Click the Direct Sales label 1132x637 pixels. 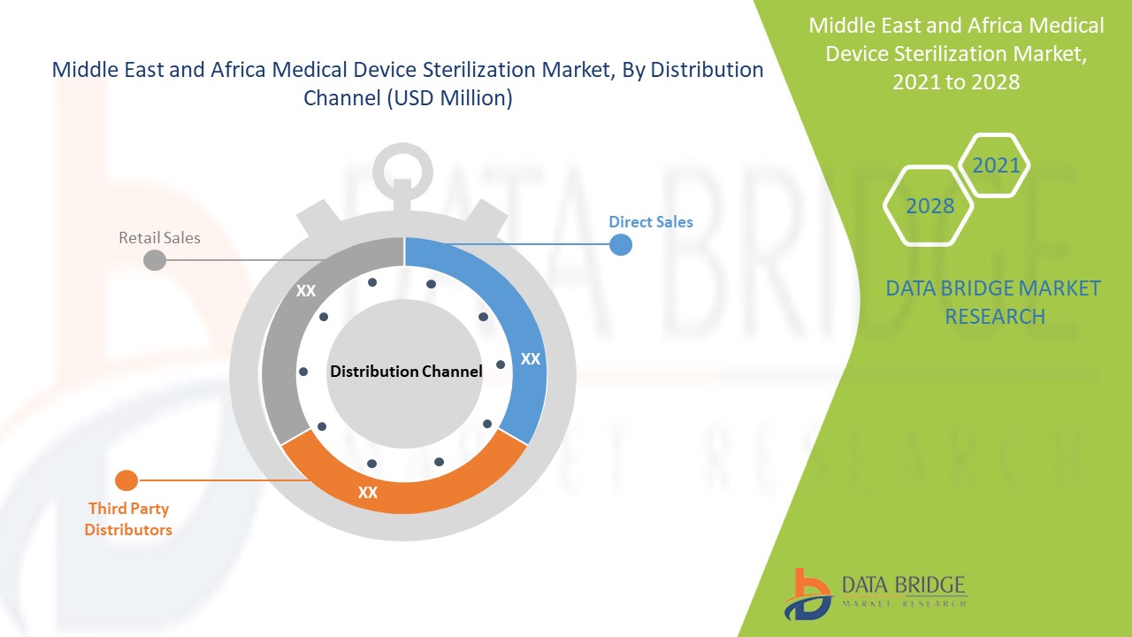point(650,222)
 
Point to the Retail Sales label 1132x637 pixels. point(159,238)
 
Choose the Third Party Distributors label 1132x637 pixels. point(128,519)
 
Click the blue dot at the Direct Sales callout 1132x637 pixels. point(621,245)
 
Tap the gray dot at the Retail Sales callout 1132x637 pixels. point(155,260)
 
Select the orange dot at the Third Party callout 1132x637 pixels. point(126,480)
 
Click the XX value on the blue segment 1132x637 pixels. point(530,359)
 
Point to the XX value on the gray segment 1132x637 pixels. point(306,291)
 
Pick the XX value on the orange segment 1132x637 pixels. point(367,493)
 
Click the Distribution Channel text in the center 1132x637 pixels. point(406,372)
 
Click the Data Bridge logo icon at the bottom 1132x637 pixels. point(807,594)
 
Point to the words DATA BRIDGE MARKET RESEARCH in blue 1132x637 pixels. point(993,303)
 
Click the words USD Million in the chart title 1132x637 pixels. point(450,98)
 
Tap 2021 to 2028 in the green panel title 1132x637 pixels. point(956,82)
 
